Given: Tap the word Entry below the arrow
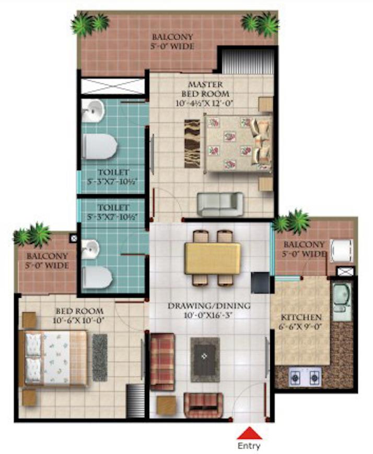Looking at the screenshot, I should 249,446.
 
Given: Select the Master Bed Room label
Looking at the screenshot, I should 205,89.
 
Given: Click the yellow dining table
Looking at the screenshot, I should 213,258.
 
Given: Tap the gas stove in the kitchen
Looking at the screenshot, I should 307,375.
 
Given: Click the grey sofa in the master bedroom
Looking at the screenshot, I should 220,204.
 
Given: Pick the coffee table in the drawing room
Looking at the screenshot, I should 205,359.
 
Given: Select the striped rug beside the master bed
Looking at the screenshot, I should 192,143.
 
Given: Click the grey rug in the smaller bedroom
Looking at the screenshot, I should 100,357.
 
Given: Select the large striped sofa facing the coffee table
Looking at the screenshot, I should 162,362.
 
